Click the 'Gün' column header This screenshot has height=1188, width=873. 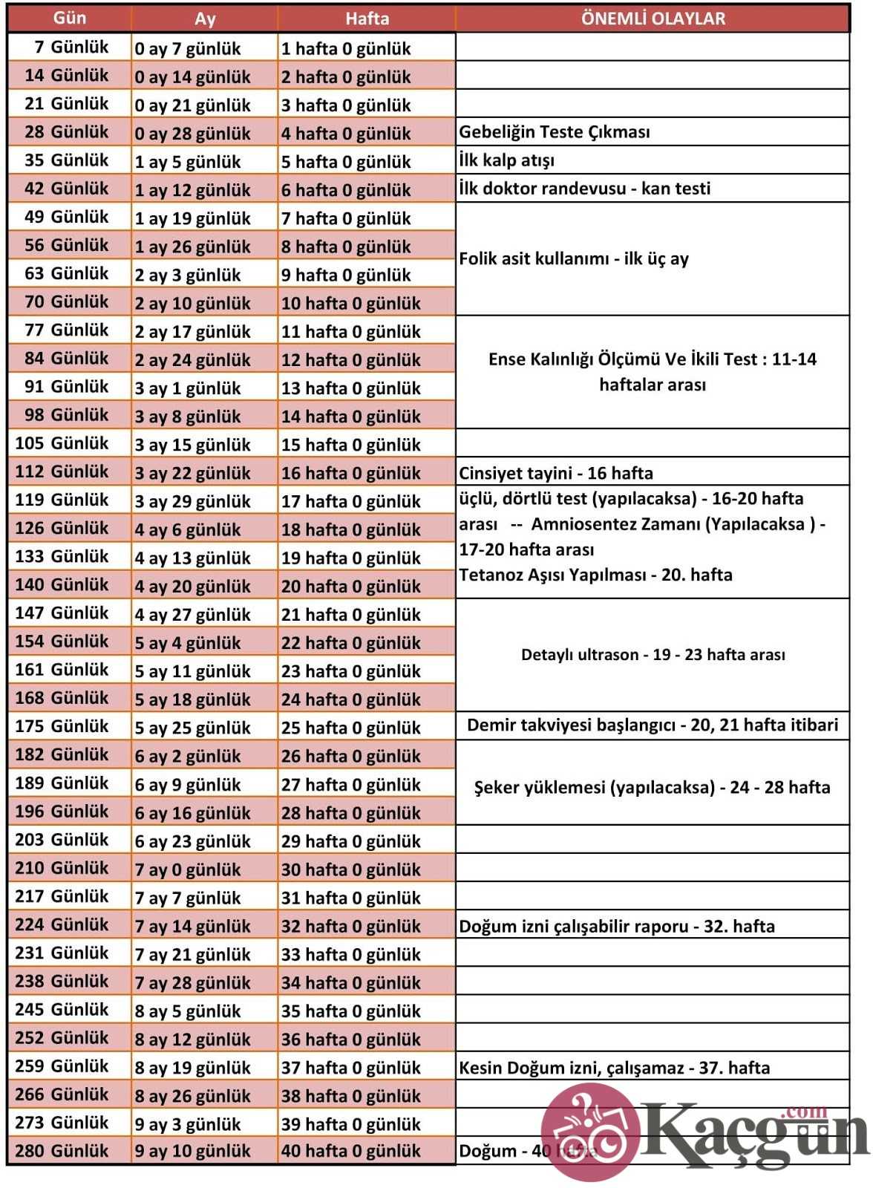70,19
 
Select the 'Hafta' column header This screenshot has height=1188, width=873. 367,19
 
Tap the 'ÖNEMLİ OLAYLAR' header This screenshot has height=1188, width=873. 653,19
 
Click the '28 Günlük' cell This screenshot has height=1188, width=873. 67,132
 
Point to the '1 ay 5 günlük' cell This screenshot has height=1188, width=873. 188,161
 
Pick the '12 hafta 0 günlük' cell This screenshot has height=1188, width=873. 351,359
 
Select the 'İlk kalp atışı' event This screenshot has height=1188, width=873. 507,160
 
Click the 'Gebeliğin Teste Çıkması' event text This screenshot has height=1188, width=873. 555,132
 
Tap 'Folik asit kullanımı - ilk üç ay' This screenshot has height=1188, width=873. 574,258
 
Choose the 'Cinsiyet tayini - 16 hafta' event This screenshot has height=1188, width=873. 556,473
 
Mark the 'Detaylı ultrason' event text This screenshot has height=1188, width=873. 653,655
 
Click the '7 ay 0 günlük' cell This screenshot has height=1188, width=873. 188,869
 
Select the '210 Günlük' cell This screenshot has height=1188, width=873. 62,868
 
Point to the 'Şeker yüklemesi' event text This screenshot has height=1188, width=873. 652,787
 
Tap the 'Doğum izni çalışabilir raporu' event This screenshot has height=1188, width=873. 617,927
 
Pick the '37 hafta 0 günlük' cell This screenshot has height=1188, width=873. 351,1068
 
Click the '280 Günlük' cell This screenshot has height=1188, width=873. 62,1151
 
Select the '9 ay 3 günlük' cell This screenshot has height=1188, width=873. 188,1124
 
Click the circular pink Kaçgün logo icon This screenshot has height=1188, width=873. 590,1131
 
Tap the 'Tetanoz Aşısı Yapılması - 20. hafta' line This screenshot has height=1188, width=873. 595,575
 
